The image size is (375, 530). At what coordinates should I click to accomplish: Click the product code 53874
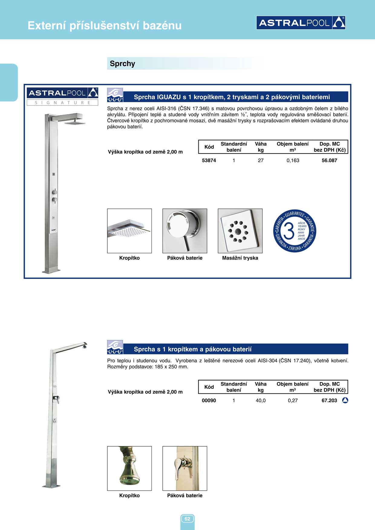[209, 160]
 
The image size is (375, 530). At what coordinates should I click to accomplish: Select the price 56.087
[329, 160]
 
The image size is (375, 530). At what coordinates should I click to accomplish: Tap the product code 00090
[209, 400]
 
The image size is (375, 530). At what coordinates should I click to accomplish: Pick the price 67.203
[329, 400]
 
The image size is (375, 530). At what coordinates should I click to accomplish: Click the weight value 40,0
[260, 400]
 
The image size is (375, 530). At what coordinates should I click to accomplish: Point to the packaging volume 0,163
[293, 160]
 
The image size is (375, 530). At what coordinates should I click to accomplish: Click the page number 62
[187, 519]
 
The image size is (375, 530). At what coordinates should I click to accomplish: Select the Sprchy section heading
[122, 64]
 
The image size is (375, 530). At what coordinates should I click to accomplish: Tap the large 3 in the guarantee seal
[289, 231]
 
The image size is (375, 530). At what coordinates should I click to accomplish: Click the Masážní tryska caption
[240, 258]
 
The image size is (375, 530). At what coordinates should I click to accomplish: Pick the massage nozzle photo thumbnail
[240, 231]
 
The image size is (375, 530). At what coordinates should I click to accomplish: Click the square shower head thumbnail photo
[129, 231]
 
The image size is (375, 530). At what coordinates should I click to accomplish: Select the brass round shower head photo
[129, 468]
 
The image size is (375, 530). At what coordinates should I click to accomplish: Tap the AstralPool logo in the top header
[301, 23]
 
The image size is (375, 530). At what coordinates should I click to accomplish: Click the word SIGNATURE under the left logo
[63, 103]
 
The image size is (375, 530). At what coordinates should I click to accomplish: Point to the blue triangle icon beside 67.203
[345, 400]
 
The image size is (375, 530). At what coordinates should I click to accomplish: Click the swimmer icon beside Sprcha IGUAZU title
[115, 95]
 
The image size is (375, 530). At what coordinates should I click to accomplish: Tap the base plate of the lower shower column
[51, 486]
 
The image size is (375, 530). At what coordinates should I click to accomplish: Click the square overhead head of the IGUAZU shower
[75, 123]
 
